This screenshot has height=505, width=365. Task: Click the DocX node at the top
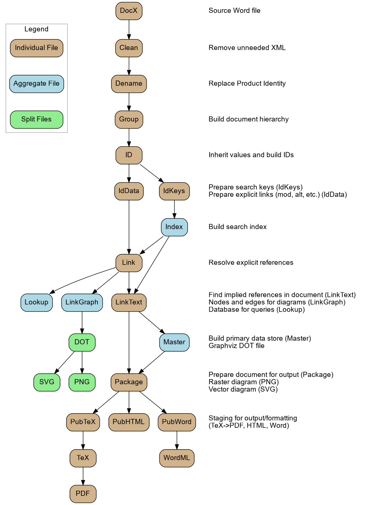click(x=129, y=11)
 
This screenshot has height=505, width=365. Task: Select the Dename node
click(x=129, y=84)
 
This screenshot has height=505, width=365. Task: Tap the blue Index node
click(x=174, y=227)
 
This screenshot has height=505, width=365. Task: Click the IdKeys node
click(x=174, y=191)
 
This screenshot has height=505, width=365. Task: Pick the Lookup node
click(x=36, y=302)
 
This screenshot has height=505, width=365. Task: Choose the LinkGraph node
click(x=82, y=302)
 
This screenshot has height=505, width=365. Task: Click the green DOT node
click(x=82, y=342)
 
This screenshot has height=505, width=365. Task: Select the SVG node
click(x=47, y=382)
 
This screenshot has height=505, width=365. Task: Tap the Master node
click(x=174, y=342)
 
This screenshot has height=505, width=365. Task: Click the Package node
click(x=129, y=382)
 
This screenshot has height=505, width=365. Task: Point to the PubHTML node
click(x=129, y=422)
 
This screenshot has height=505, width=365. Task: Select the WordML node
click(x=177, y=458)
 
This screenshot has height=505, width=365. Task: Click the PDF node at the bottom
click(x=83, y=494)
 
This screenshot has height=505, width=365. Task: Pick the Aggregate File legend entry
click(x=36, y=84)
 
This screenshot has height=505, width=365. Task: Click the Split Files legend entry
click(x=36, y=119)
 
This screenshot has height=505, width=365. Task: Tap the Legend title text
click(x=36, y=29)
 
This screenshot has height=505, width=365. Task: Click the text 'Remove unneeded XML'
click(x=247, y=48)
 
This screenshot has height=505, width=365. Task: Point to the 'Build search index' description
click(x=237, y=227)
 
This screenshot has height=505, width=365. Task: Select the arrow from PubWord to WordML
click(x=177, y=440)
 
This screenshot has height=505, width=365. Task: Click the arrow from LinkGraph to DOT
click(x=82, y=322)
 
